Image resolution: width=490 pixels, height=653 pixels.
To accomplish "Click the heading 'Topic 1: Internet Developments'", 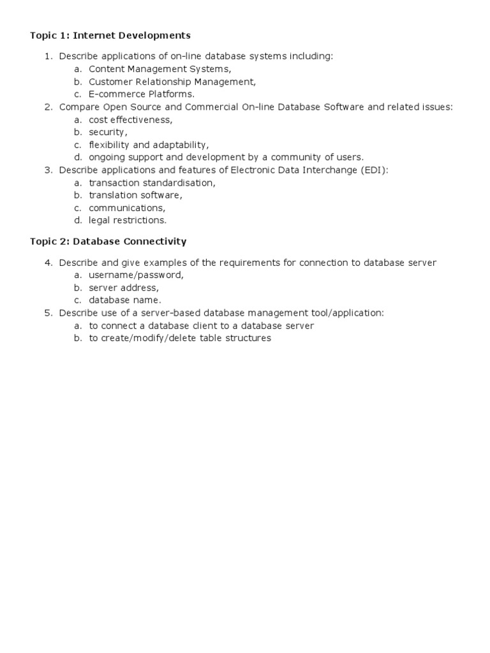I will point(110,35).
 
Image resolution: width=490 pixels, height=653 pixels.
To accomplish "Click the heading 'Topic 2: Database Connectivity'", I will point(108,241).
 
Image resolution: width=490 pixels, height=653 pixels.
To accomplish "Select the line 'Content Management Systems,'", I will point(160,69).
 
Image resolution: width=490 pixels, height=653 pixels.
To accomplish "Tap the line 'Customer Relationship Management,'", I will point(172,82).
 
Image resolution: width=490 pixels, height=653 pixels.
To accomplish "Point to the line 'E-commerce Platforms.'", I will point(142,94).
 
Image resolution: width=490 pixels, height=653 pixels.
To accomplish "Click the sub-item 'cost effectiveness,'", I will point(131,119).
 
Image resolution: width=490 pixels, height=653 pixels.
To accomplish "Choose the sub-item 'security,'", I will point(108,132).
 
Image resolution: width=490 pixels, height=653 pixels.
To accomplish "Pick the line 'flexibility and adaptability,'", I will point(149,145).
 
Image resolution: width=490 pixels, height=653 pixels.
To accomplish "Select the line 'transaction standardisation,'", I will point(152,182).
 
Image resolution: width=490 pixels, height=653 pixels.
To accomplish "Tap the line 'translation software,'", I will point(135,195).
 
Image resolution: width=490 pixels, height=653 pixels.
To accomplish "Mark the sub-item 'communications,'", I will point(127,208).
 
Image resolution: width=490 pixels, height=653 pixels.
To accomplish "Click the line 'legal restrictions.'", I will point(128,220).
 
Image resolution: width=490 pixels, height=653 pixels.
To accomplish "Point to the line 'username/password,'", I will point(136,275).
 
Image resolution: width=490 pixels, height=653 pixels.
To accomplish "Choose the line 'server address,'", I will point(124,288).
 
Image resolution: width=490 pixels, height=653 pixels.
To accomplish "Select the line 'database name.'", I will point(125,300).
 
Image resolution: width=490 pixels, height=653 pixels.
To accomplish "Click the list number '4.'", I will point(48,263).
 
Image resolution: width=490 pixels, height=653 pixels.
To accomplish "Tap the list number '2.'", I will point(48,107).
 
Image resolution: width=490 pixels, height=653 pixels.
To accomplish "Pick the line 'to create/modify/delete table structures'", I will point(180,338).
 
